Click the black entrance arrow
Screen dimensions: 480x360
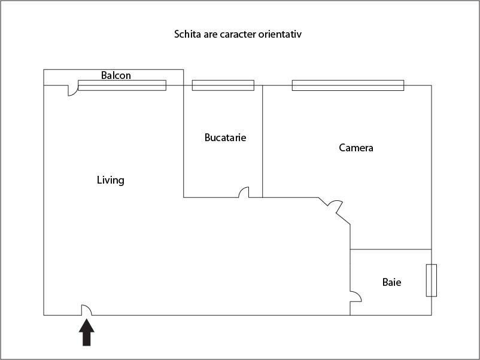point(87,332)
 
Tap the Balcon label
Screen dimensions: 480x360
point(116,75)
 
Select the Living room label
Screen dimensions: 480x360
point(111,180)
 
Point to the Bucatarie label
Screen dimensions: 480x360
point(225,138)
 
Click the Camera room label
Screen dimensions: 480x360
point(356,148)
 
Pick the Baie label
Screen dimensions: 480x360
point(392,282)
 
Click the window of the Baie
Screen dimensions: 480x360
point(432,280)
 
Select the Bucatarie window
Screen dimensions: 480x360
point(223,86)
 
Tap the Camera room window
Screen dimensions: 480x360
point(348,86)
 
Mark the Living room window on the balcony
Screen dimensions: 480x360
point(122,86)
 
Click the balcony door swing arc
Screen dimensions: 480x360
point(73,90)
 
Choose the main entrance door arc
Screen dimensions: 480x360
point(86,310)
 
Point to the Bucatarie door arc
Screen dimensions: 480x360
point(244,192)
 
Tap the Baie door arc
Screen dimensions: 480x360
point(356,297)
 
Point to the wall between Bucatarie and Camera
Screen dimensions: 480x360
point(263,141)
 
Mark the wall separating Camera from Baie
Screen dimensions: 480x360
point(391,249)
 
